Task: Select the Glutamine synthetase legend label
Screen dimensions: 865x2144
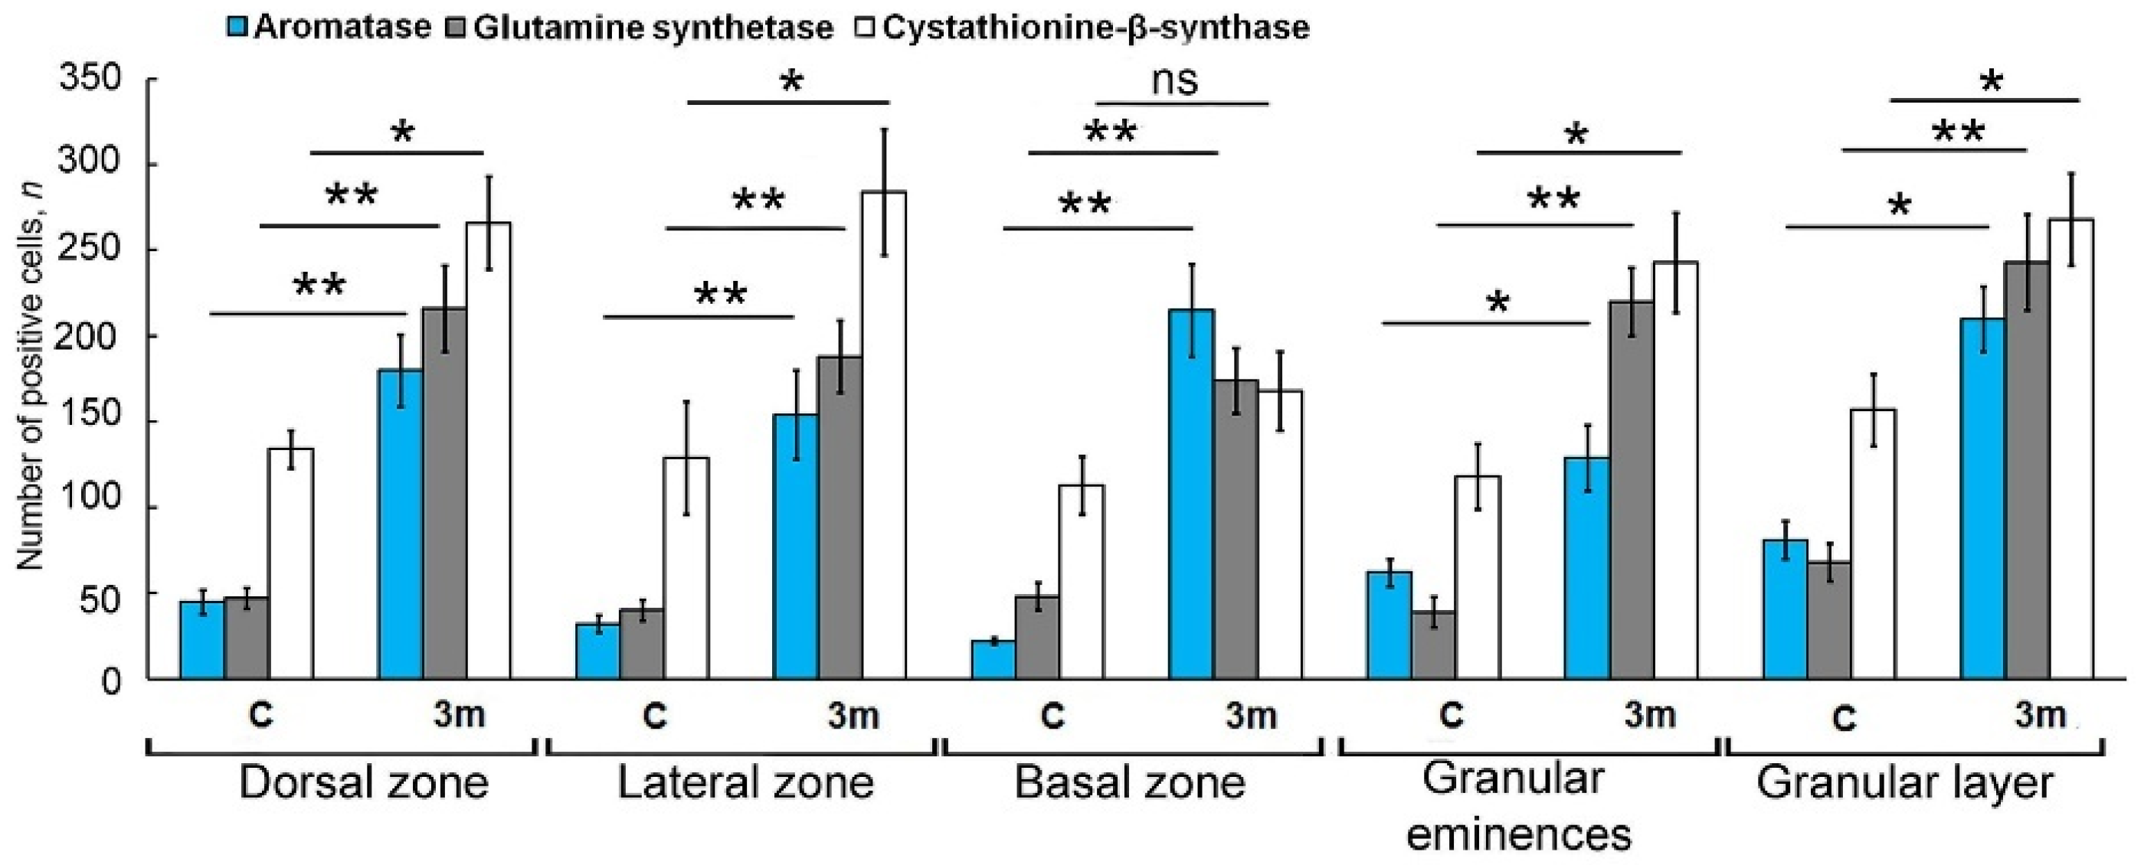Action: coord(653,28)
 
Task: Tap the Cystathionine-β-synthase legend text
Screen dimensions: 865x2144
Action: coord(1095,28)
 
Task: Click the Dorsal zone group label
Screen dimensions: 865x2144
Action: coord(363,782)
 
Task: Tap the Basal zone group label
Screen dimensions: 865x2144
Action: coord(1129,782)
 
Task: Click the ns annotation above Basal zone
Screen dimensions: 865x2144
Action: coord(1175,80)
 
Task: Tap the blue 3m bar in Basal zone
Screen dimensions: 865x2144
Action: coord(1192,494)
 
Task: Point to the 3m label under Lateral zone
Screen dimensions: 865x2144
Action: coord(853,715)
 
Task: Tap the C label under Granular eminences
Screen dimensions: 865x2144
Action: coord(1452,715)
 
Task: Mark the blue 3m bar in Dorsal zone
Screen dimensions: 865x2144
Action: coord(401,524)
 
